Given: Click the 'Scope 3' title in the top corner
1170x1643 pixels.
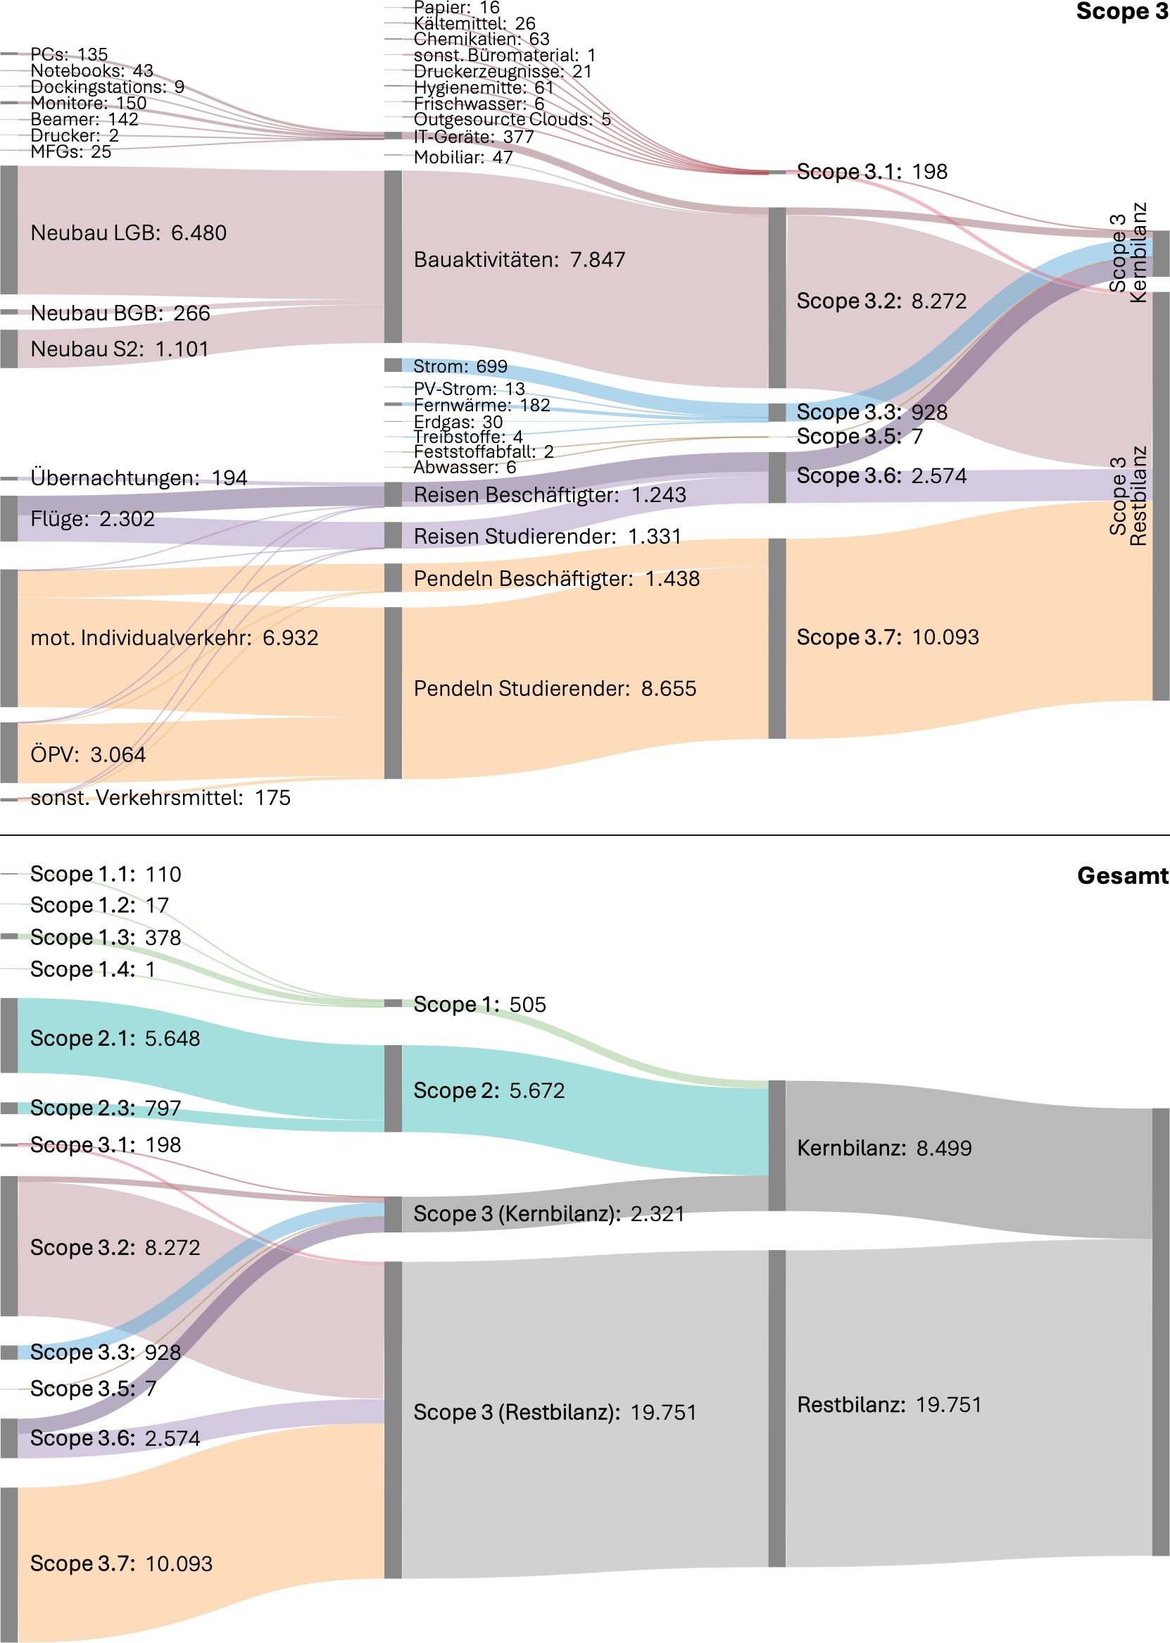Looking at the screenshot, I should pyautogui.click(x=1121, y=11).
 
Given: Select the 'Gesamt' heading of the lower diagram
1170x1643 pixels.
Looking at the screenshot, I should pyautogui.click(x=1121, y=875).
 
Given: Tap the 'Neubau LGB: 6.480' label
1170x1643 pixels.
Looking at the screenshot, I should pyautogui.click(x=128, y=233).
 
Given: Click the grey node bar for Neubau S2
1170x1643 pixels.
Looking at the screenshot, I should pyautogui.click(x=8, y=349).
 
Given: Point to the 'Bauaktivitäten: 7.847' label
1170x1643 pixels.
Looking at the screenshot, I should pyautogui.click(x=519, y=259).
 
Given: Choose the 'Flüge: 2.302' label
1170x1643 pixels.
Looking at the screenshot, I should pyautogui.click(x=92, y=519).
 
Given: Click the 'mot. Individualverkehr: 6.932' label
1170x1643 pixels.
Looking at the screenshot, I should pyautogui.click(x=174, y=638).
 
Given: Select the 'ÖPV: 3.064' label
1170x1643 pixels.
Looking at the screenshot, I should pyautogui.click(x=88, y=754).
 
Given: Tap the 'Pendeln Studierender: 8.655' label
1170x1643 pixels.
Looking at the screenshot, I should pyautogui.click(x=555, y=688).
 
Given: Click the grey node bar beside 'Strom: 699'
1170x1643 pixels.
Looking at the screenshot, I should pyautogui.click(x=393, y=366).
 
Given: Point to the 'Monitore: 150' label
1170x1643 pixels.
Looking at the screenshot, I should pyautogui.click(x=88, y=103).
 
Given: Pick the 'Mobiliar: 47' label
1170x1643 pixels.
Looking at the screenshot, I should pyautogui.click(x=463, y=157).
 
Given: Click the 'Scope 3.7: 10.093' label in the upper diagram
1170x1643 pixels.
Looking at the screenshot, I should pyautogui.click(x=887, y=637).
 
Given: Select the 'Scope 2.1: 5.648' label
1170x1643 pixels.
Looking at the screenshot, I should pyautogui.click(x=115, y=1038).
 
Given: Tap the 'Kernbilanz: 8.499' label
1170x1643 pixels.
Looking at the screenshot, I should pyautogui.click(x=884, y=1148).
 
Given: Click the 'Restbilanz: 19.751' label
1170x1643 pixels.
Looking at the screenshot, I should pyautogui.click(x=889, y=1404).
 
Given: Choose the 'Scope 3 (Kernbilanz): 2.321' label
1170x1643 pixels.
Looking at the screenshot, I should pyautogui.click(x=548, y=1213).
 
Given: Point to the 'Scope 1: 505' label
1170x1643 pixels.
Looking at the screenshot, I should pyautogui.click(x=479, y=1004).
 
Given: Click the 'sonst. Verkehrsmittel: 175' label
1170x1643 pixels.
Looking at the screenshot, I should pyautogui.click(x=160, y=798).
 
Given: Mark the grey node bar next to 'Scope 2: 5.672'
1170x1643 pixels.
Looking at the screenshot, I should pyautogui.click(x=393, y=1088).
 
